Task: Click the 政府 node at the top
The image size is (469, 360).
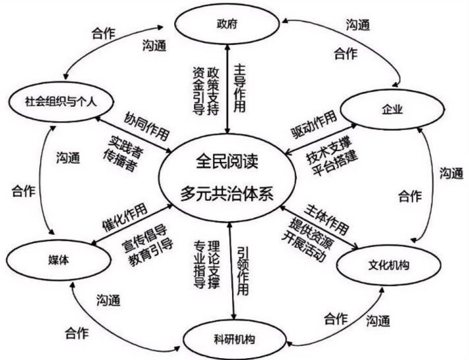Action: [220, 25]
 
